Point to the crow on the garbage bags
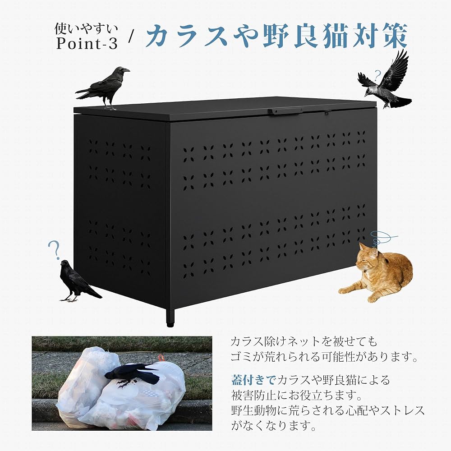pyautogui.click(x=133, y=374)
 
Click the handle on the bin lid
pyautogui.click(x=284, y=110)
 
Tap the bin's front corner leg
pyautogui.click(x=170, y=316)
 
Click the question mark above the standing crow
pyautogui.click(x=54, y=249)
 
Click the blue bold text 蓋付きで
pyautogui.click(x=253, y=380)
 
